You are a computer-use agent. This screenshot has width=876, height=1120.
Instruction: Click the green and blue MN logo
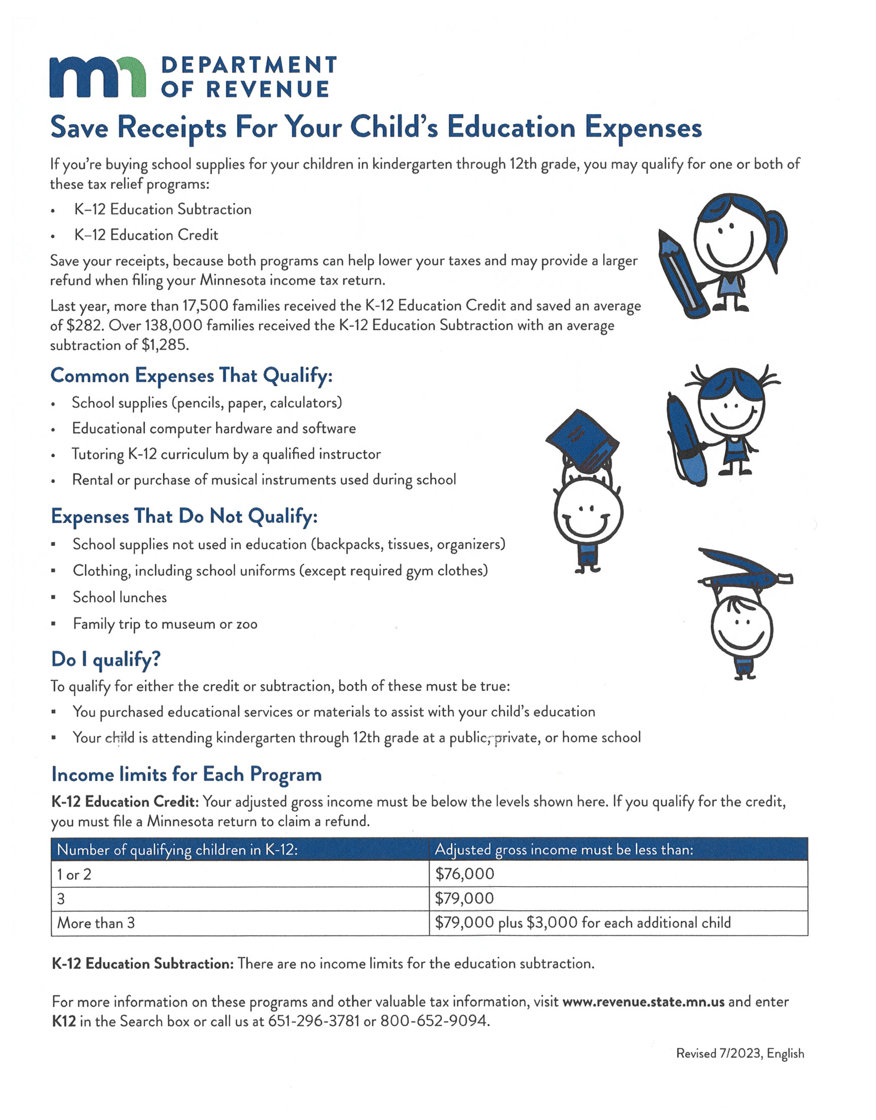pyautogui.click(x=97, y=77)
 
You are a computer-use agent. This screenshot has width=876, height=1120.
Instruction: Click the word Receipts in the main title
pyautogui.click(x=172, y=128)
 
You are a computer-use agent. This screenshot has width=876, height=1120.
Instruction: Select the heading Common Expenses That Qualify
pyautogui.click(x=191, y=375)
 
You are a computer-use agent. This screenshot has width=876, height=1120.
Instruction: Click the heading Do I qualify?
pyautogui.click(x=105, y=659)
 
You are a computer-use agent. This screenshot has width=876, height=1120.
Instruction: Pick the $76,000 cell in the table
pyautogui.click(x=465, y=874)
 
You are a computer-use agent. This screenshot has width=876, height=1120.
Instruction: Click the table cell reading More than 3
pyautogui.click(x=96, y=923)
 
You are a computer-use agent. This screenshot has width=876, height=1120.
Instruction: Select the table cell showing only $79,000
pyautogui.click(x=465, y=898)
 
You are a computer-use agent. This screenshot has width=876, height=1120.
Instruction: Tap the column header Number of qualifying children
pyautogui.click(x=177, y=850)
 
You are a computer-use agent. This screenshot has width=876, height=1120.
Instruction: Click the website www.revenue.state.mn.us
pyautogui.click(x=643, y=1001)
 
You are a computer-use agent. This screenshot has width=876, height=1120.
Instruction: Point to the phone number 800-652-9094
pyautogui.click(x=434, y=1021)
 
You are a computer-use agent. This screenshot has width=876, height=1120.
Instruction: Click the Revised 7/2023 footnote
pyautogui.click(x=740, y=1054)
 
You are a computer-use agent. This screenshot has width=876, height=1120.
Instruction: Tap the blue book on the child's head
pyautogui.click(x=582, y=439)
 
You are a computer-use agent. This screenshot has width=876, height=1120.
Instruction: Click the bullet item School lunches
pyautogui.click(x=120, y=597)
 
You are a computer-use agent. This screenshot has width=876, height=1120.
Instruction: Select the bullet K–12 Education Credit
pyautogui.click(x=146, y=235)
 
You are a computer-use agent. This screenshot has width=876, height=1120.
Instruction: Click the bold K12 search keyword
pyautogui.click(x=64, y=1021)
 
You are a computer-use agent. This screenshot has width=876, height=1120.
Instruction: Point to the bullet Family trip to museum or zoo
pyautogui.click(x=165, y=624)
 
